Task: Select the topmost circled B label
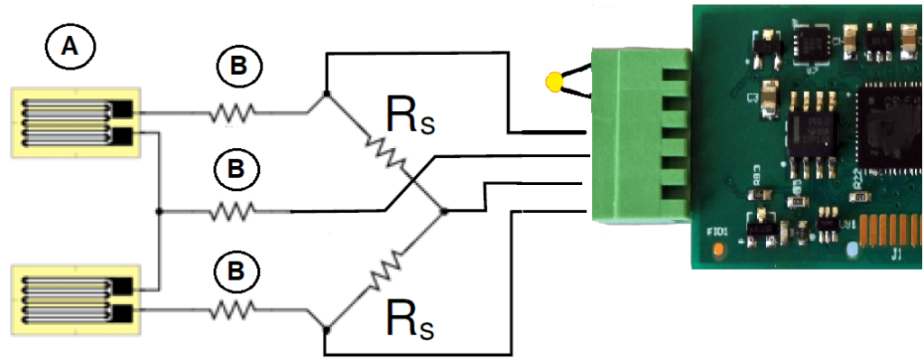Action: (x=238, y=68)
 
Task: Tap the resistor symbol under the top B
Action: (x=233, y=113)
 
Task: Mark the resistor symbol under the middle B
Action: (x=233, y=212)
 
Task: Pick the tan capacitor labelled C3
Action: (x=770, y=94)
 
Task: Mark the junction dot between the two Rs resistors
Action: (x=443, y=212)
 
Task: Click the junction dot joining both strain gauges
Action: (x=159, y=212)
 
